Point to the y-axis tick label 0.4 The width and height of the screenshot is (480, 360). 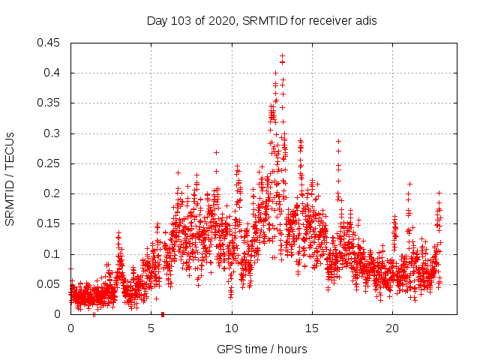point(55,73)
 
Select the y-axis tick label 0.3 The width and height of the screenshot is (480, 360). point(55,133)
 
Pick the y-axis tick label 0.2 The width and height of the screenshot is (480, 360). point(55,193)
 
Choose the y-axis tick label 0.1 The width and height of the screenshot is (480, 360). point(55,254)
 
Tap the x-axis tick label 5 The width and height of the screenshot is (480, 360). point(151,328)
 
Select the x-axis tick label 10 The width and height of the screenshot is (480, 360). point(232,328)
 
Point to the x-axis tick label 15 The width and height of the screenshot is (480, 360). point(312,328)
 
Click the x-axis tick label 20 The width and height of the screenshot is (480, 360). point(392,328)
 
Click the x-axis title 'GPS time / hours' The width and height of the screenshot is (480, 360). point(261,349)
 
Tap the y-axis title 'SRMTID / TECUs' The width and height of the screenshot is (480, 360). point(10,179)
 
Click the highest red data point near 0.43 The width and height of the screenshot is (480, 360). point(282,55)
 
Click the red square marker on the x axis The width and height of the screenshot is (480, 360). point(163,313)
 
